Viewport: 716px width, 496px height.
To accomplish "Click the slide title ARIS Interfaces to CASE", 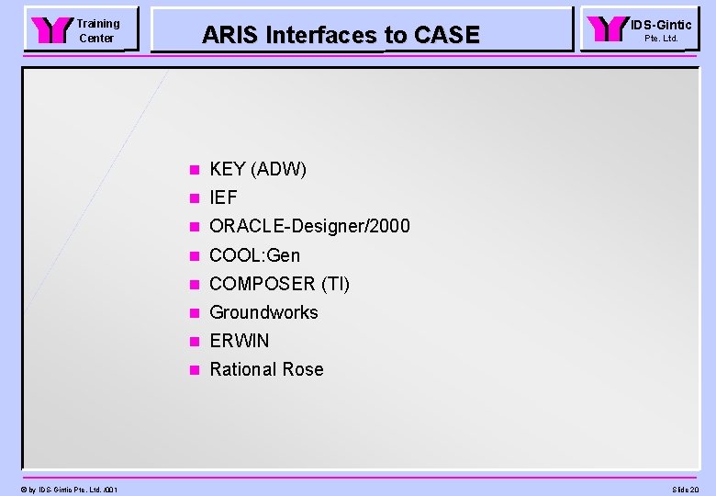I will [x=341, y=35].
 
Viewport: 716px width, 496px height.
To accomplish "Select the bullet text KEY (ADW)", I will [x=258, y=169].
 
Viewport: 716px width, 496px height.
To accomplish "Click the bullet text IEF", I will [x=223, y=197].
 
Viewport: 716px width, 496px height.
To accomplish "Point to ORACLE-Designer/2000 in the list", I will [x=309, y=226].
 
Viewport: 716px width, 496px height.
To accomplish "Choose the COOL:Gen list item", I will [x=254, y=255].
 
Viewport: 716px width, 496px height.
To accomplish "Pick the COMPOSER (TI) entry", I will [x=279, y=284].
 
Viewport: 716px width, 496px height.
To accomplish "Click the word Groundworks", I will [x=263, y=312].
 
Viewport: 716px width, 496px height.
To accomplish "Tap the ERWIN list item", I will [x=240, y=341].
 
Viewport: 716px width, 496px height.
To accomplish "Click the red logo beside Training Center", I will [x=50, y=30].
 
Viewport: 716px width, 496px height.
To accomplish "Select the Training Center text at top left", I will [x=97, y=30].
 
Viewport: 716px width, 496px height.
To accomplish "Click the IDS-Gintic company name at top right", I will [x=661, y=25].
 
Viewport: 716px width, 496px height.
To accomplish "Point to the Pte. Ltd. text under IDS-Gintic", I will [x=661, y=39].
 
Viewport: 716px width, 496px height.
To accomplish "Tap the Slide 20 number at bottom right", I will [x=685, y=490].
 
